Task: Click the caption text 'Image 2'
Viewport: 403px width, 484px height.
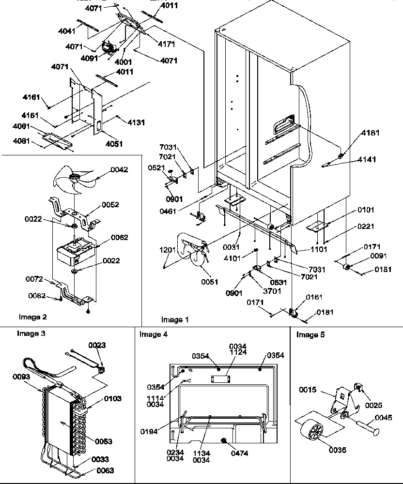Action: (x=33, y=317)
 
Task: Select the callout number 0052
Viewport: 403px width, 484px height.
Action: (x=111, y=205)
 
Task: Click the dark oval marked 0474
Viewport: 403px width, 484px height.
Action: (x=223, y=440)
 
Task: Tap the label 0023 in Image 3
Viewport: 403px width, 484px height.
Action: (x=96, y=345)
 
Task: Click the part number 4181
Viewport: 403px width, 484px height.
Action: (x=370, y=133)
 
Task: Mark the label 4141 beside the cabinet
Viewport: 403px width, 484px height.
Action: (x=367, y=159)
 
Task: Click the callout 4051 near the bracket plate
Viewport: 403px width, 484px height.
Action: (x=113, y=144)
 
